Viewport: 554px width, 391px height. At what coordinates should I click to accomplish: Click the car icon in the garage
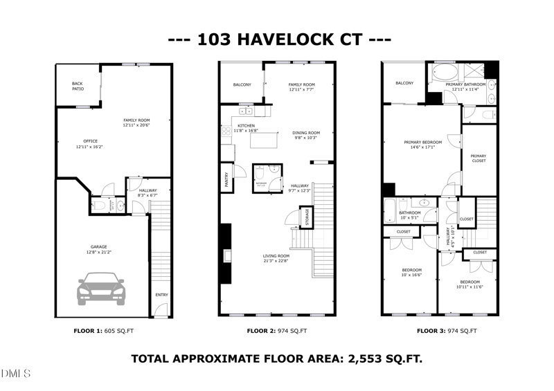click(102, 289)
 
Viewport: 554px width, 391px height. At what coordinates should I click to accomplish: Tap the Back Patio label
click(78, 87)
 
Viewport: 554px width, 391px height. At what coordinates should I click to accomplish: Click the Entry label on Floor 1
click(161, 295)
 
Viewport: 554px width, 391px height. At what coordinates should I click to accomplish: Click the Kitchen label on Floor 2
click(246, 125)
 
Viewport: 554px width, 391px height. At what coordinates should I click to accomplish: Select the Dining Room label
click(305, 133)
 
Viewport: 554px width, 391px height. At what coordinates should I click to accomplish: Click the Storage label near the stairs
click(306, 217)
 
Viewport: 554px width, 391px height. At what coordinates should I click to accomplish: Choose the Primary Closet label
click(479, 158)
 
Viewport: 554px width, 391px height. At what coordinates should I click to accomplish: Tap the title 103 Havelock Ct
click(277, 39)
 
